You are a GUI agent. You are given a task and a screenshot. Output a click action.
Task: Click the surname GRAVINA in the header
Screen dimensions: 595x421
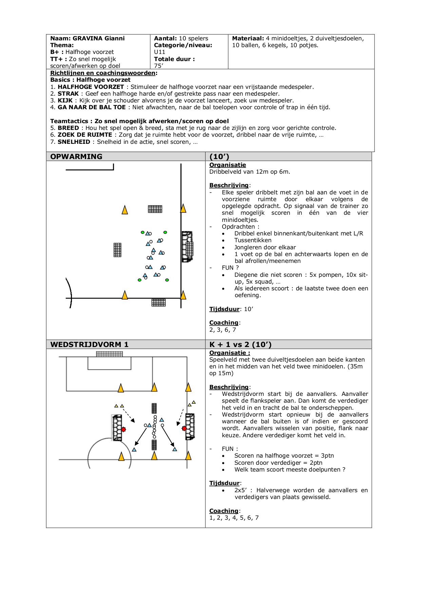tap(87, 38)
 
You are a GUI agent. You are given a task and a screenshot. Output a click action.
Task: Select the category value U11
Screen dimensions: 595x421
tap(159, 52)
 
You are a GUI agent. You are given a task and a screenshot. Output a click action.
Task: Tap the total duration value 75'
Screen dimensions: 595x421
tap(158, 66)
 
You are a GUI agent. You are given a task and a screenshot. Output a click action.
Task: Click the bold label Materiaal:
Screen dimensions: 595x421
tap(248, 38)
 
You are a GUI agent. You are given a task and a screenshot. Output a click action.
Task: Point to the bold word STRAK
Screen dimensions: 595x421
tap(68, 94)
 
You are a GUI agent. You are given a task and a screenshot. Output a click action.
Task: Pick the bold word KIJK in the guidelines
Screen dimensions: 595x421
tap(65, 100)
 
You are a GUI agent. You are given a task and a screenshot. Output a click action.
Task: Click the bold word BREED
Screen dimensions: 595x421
tap(68, 128)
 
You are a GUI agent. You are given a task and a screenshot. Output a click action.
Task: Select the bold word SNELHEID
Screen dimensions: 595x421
tap(74, 142)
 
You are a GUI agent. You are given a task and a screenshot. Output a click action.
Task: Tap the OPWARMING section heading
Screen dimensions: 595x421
tap(76, 156)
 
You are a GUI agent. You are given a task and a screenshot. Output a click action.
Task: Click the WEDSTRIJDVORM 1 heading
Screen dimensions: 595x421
tap(89, 344)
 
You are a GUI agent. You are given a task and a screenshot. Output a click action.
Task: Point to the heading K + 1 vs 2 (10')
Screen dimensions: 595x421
tap(241, 344)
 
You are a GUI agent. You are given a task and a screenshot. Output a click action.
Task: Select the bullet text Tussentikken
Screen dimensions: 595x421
tap(253, 240)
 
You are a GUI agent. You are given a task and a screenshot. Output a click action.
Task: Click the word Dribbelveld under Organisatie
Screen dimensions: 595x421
tap(227, 172)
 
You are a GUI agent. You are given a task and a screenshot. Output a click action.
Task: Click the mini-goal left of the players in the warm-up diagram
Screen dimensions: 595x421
tap(117, 250)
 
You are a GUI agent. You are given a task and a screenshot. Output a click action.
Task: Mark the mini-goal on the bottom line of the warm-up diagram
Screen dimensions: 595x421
tap(158, 302)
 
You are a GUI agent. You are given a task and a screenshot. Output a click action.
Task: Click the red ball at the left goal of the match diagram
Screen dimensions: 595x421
tap(123, 429)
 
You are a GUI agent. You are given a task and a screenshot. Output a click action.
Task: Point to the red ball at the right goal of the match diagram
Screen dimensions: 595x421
tap(184, 428)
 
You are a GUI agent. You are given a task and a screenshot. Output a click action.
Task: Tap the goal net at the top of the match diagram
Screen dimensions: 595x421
tap(109, 354)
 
